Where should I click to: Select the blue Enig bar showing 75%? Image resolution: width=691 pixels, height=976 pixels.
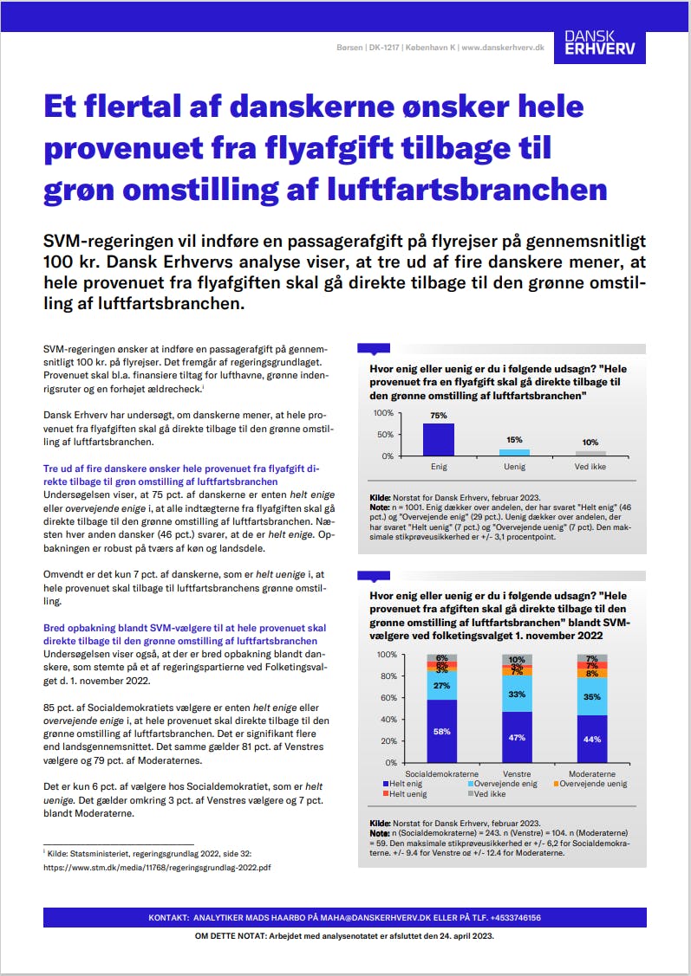coord(439,439)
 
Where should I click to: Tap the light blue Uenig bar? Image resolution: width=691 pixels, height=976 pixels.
coord(514,452)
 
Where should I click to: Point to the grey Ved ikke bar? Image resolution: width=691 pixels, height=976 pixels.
coord(590,453)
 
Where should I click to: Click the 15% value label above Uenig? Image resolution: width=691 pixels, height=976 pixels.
coord(514,441)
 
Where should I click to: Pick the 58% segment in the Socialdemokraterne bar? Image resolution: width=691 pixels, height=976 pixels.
coord(442,731)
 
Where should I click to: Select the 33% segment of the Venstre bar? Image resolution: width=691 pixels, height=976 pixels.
coord(517,695)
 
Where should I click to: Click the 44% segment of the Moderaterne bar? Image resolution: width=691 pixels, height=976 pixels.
coord(591,739)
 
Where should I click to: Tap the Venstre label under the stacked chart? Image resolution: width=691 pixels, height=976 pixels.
coord(517,773)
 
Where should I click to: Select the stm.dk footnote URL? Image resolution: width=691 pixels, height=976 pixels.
coord(157,867)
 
